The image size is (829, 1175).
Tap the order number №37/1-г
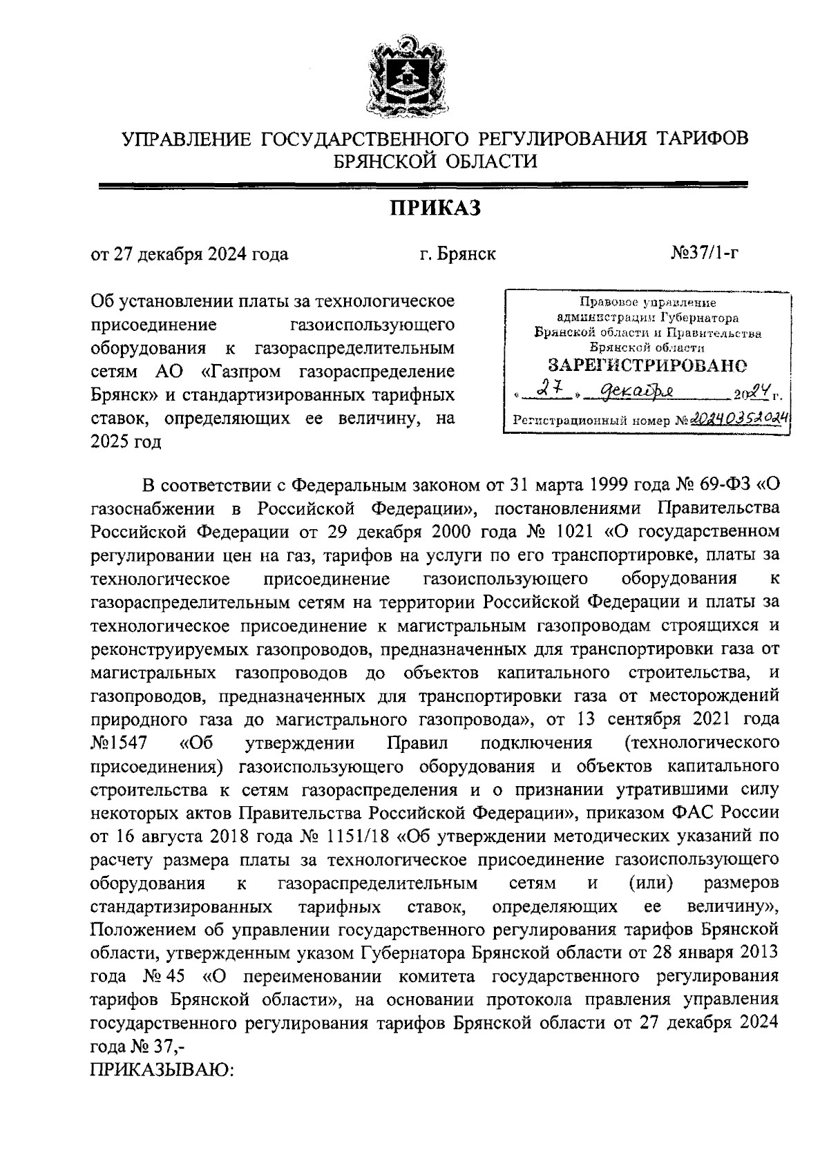[705, 254]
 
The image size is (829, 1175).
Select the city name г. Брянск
[458, 254]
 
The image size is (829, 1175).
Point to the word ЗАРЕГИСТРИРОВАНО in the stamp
[647, 364]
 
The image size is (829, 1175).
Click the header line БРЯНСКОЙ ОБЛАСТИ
[435, 162]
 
